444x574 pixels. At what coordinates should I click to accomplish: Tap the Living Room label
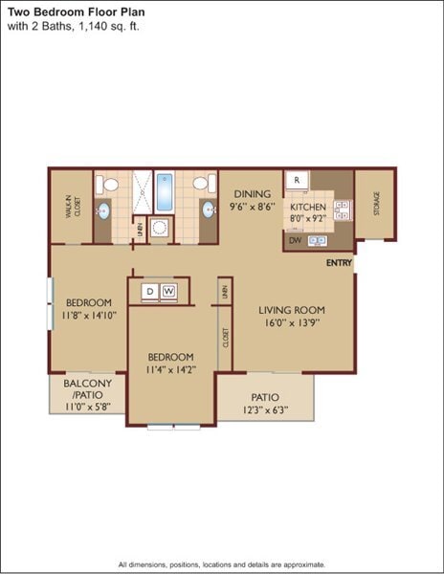pos(292,310)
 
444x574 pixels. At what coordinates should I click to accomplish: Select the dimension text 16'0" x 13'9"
pos(292,323)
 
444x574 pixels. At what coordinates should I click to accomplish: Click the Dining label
pos(254,191)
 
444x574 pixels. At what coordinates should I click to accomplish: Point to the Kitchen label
pos(308,207)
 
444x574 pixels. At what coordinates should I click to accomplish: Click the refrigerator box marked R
pos(298,179)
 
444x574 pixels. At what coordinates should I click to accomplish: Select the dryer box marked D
pos(151,290)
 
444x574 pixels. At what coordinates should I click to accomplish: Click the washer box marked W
pos(169,290)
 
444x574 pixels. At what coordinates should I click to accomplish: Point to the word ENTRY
pos(339,263)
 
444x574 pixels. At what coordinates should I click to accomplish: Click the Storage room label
pos(377,204)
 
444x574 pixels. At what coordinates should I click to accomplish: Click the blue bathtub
pos(164,192)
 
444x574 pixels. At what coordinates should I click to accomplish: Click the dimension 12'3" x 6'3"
pos(265,411)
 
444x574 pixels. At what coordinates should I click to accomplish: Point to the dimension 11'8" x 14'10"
pos(89,314)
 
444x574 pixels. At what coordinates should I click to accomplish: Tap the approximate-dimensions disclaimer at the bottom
pos(222,564)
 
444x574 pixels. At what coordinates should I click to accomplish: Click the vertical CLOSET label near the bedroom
pos(226,337)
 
